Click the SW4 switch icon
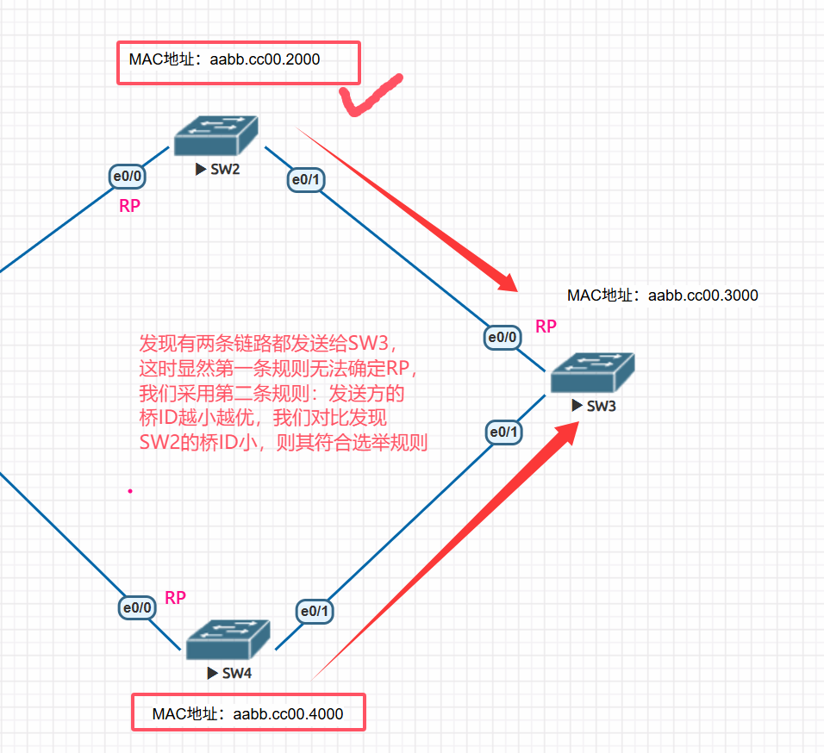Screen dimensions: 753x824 tap(228, 640)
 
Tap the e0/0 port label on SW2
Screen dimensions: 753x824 tap(128, 177)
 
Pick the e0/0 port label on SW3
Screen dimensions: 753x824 tap(503, 338)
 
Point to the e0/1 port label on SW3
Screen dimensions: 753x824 tap(503, 432)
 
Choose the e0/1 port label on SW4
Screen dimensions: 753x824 tap(314, 612)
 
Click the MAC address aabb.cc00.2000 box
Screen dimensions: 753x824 tap(238, 63)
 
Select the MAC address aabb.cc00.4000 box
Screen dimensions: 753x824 tap(248, 713)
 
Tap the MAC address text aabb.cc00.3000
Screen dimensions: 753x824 tap(662, 296)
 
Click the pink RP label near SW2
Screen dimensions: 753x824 tap(129, 206)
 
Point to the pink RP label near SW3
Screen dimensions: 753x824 tap(546, 327)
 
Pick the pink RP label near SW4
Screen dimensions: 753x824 tap(175, 598)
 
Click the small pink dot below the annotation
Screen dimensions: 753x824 tap(130, 491)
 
